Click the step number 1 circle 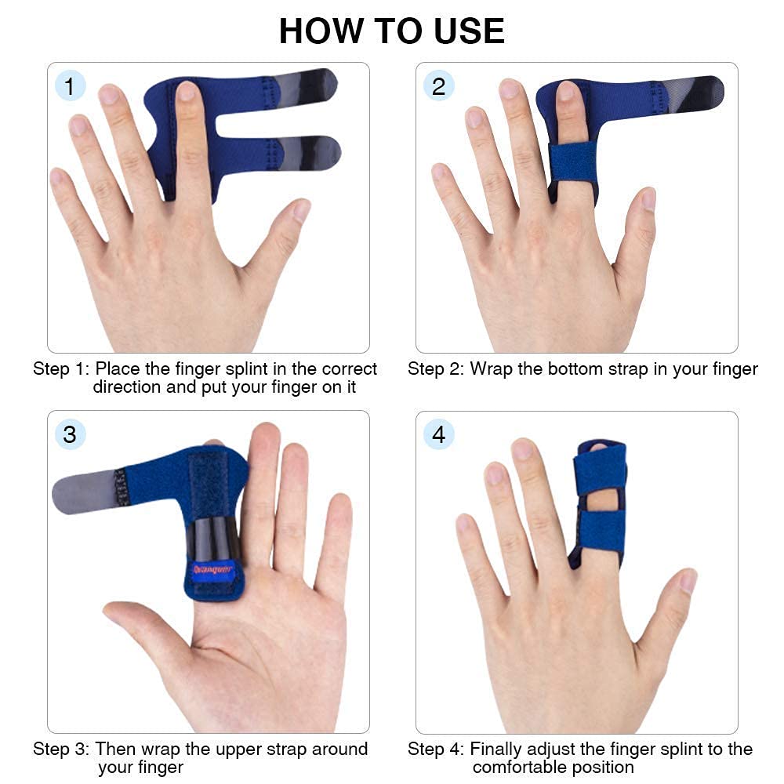[70, 85]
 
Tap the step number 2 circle [438, 85]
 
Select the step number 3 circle [70, 434]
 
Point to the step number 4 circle [438, 434]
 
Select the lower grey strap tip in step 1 [311, 151]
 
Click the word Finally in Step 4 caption [499, 749]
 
